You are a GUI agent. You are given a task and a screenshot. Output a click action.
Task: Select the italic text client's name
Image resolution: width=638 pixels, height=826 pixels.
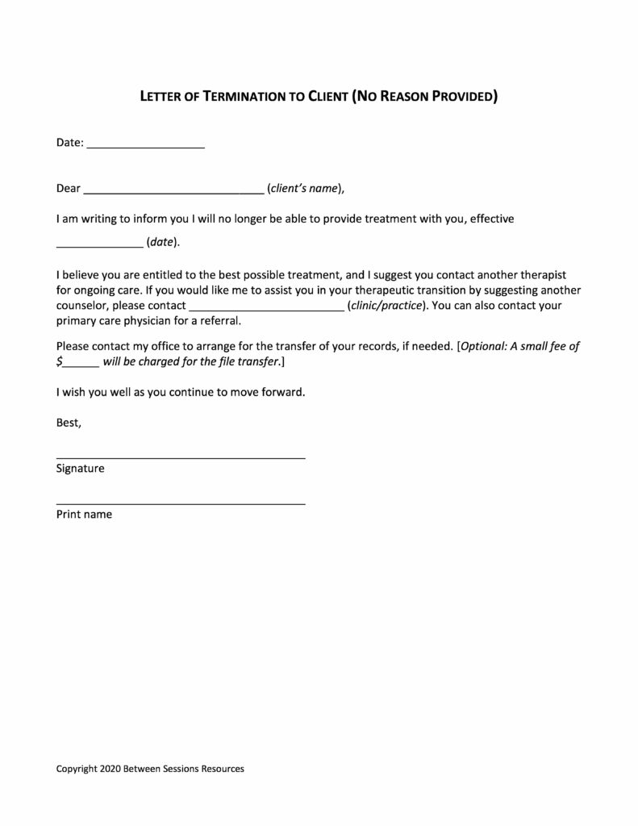(302, 190)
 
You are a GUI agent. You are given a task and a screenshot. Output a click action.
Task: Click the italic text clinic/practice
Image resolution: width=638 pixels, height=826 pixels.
(385, 306)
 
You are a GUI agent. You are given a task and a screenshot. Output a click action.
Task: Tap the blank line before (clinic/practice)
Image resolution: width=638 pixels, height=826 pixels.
(266, 310)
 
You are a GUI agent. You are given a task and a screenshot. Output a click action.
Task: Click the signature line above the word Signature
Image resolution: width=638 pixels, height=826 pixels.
(181, 457)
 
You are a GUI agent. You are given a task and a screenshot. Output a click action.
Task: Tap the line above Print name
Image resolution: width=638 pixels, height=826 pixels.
(181, 503)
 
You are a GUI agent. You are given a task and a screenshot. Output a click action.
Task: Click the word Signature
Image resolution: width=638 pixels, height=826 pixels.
(80, 468)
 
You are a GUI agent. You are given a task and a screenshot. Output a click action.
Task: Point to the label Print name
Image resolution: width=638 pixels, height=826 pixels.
(84, 514)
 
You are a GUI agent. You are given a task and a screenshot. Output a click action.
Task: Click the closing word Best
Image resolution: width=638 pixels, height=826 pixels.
(69, 422)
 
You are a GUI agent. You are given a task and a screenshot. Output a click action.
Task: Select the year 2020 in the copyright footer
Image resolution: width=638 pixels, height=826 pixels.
(110, 769)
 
